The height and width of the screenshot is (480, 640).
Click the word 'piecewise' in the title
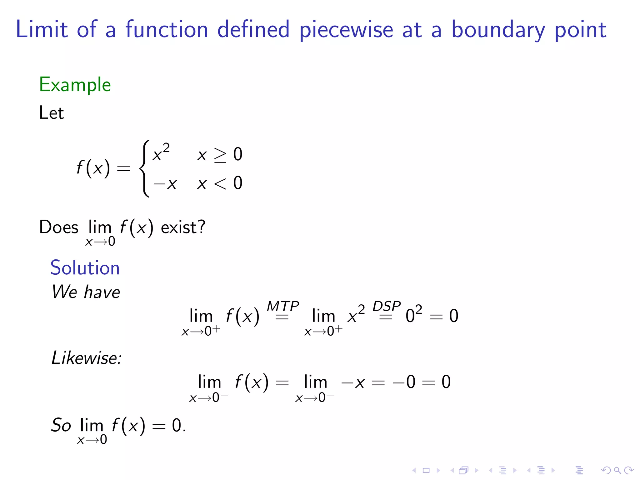coord(346,30)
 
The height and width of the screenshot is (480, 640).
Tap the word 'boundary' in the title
coord(498,30)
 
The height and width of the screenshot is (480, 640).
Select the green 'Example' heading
coord(75,85)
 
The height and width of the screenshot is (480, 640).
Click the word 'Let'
coord(51,113)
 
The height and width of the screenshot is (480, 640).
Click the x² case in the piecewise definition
coord(161,153)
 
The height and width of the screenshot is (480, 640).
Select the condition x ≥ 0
coord(220,154)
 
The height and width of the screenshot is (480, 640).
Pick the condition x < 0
coord(220,183)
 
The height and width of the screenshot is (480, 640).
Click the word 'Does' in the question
coord(59,227)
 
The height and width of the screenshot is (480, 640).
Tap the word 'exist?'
coord(183,227)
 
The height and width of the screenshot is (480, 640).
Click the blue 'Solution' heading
coord(85,268)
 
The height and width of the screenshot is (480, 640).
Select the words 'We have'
coord(86,292)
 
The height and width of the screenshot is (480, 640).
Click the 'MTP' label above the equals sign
coord(283,306)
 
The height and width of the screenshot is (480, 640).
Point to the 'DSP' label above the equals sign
coord(387,306)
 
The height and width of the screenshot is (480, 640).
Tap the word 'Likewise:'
coord(87,358)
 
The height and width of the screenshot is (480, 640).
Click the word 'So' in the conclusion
coord(61,425)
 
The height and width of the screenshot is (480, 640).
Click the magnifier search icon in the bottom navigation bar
coord(617,470)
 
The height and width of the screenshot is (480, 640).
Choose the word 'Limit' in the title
coord(42,30)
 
